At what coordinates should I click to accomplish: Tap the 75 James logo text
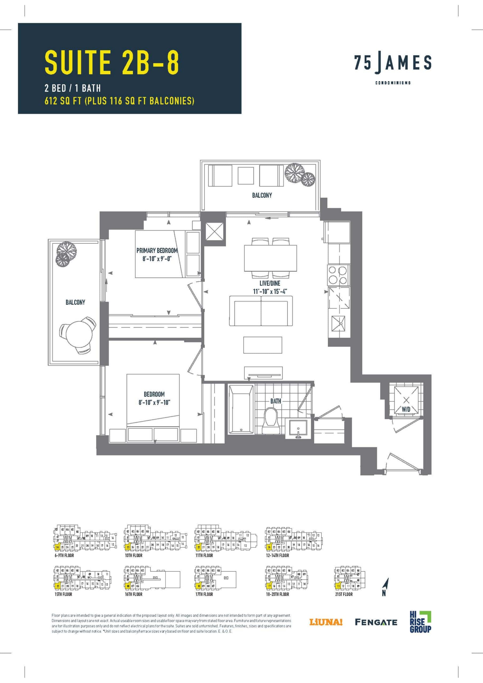[393, 63]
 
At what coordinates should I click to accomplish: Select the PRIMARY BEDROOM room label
[157, 251]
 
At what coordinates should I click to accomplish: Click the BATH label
[276, 401]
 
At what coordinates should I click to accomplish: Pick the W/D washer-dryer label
[406, 409]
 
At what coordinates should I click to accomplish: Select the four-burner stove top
[338, 275]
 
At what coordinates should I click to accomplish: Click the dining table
[270, 258]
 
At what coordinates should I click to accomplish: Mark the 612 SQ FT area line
[119, 101]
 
